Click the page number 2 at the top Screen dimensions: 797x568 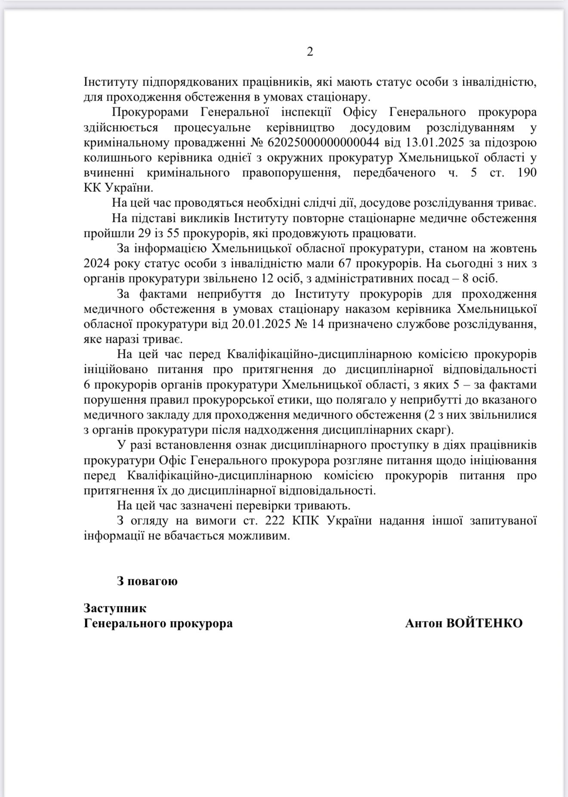tap(310, 52)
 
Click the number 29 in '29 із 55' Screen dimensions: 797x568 tap(146, 234)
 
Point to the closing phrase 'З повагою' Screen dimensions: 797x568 tap(147, 581)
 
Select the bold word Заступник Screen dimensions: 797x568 tap(115, 608)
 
